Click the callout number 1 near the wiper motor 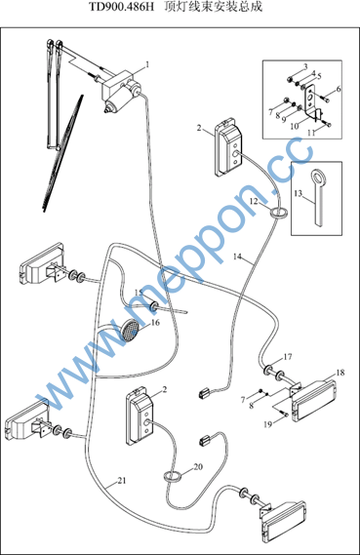pyautogui.click(x=147, y=64)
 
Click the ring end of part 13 pyautogui.click(x=319, y=176)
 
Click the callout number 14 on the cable pyautogui.click(x=237, y=257)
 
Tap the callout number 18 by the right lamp pyautogui.click(x=340, y=373)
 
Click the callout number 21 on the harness pyautogui.click(x=122, y=481)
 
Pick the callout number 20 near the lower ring pyautogui.click(x=198, y=467)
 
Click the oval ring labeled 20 pyautogui.click(x=173, y=476)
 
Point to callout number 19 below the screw pyautogui.click(x=268, y=424)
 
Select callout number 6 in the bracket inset pyautogui.click(x=339, y=89)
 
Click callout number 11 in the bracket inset pyautogui.click(x=311, y=133)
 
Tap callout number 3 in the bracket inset pyautogui.click(x=305, y=66)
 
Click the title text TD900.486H pyautogui.click(x=121, y=7)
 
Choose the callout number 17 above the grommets pyautogui.click(x=288, y=357)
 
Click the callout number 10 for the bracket pyautogui.click(x=295, y=126)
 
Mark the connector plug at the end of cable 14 pyautogui.click(x=205, y=392)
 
